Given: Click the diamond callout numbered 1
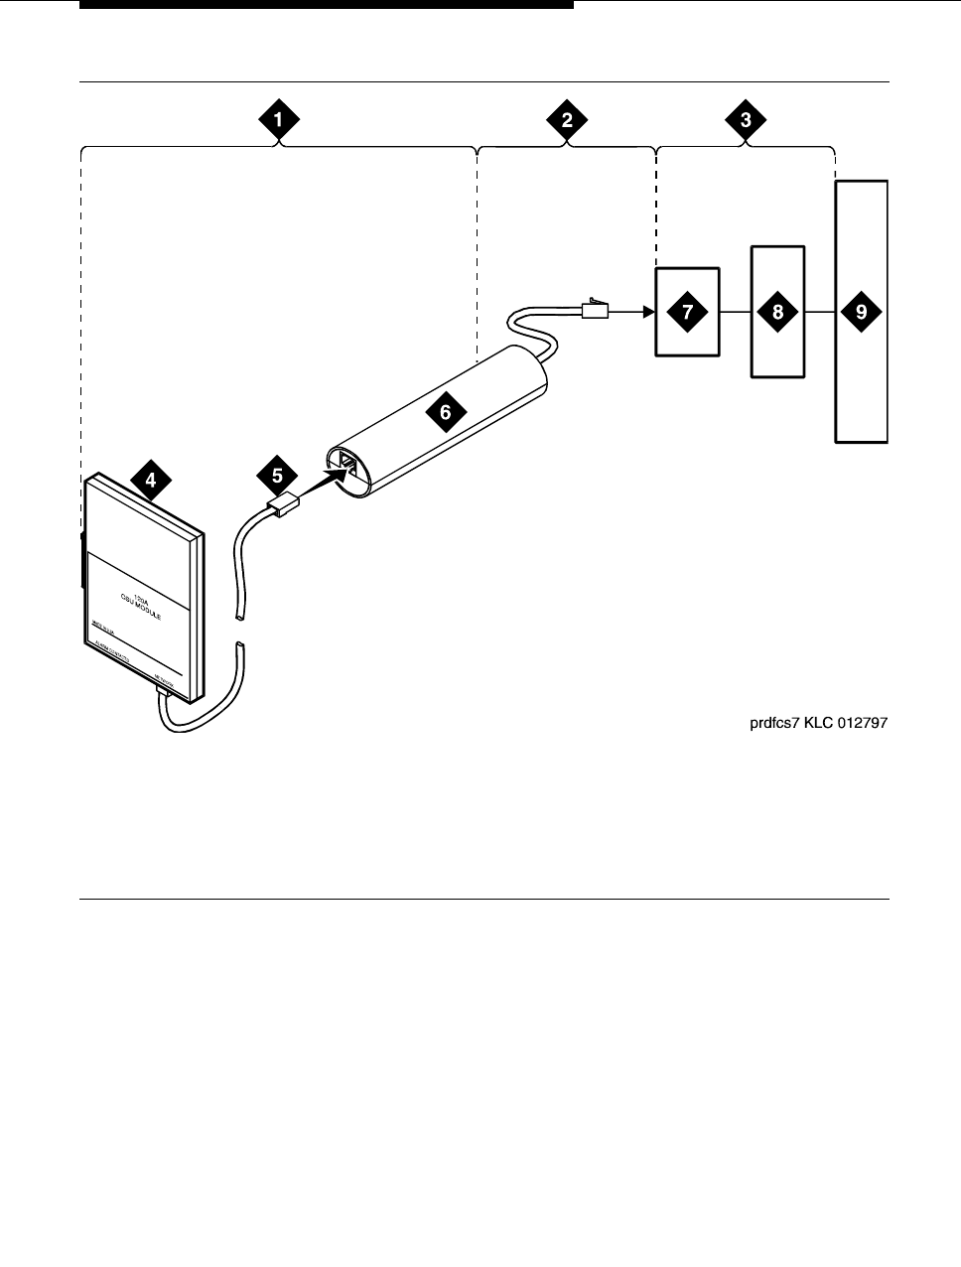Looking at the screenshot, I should pos(279,120).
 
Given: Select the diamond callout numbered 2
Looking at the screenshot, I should pos(567,120).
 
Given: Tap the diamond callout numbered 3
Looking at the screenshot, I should pos(746,120).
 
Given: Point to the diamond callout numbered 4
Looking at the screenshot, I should pos(150,481).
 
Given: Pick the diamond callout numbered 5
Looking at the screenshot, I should pos(277,476).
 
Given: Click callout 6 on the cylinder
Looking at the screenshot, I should pos(446,410).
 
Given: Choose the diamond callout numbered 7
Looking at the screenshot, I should pos(687,312).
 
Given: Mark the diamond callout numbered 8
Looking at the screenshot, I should pos(777,312).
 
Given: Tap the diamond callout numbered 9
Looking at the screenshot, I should pos(861,312).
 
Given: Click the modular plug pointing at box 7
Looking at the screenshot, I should pos(594,309).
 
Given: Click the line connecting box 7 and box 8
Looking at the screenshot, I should pos(735,312).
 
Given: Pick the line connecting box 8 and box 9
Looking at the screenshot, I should pos(819,312).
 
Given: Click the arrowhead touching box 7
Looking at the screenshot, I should pos(648,312).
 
